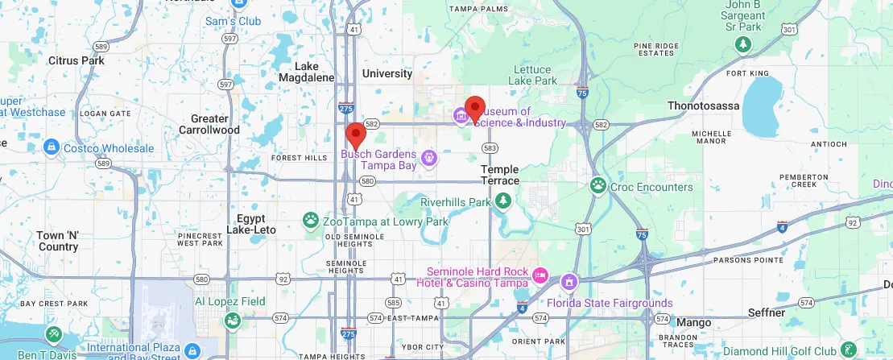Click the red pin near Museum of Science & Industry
(x=475, y=109)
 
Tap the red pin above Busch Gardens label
(x=355, y=136)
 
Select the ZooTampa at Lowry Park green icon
(x=310, y=219)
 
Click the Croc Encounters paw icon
(x=598, y=187)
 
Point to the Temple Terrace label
(x=500, y=175)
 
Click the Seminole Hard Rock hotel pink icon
(x=540, y=276)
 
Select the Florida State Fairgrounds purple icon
(x=569, y=283)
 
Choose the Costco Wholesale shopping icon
(x=51, y=147)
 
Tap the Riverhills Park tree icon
(x=503, y=201)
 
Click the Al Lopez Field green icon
(x=232, y=321)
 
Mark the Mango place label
(x=693, y=322)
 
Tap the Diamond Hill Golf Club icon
(x=848, y=350)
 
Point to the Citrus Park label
(x=76, y=60)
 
